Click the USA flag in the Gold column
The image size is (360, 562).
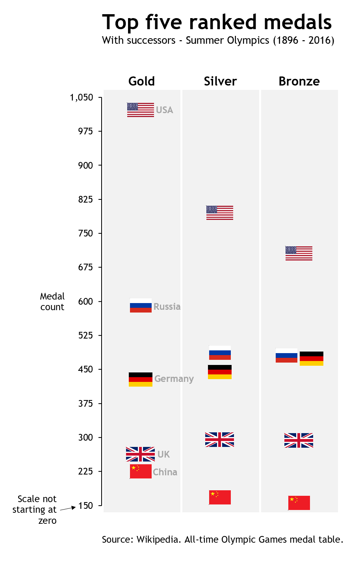point(140,110)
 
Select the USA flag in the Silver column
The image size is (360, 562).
point(219,213)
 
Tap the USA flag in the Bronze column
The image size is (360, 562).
point(299,253)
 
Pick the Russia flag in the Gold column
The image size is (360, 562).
point(141,305)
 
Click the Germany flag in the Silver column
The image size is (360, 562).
point(219,372)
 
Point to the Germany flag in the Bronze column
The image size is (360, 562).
point(311,359)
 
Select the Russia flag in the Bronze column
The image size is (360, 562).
point(286,355)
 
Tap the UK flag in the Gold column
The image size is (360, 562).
point(140,454)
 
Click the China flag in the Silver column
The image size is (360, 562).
point(220,497)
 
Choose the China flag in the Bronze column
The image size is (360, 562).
point(299,503)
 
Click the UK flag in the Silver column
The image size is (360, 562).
point(219,439)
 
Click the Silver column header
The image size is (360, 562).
point(220,81)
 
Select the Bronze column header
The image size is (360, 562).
point(299,81)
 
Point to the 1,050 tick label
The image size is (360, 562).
point(82,97)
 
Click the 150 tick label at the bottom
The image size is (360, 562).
point(85,506)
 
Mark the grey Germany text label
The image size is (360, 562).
point(174,379)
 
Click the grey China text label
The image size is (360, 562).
point(165,472)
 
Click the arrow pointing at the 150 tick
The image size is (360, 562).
point(68,508)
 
